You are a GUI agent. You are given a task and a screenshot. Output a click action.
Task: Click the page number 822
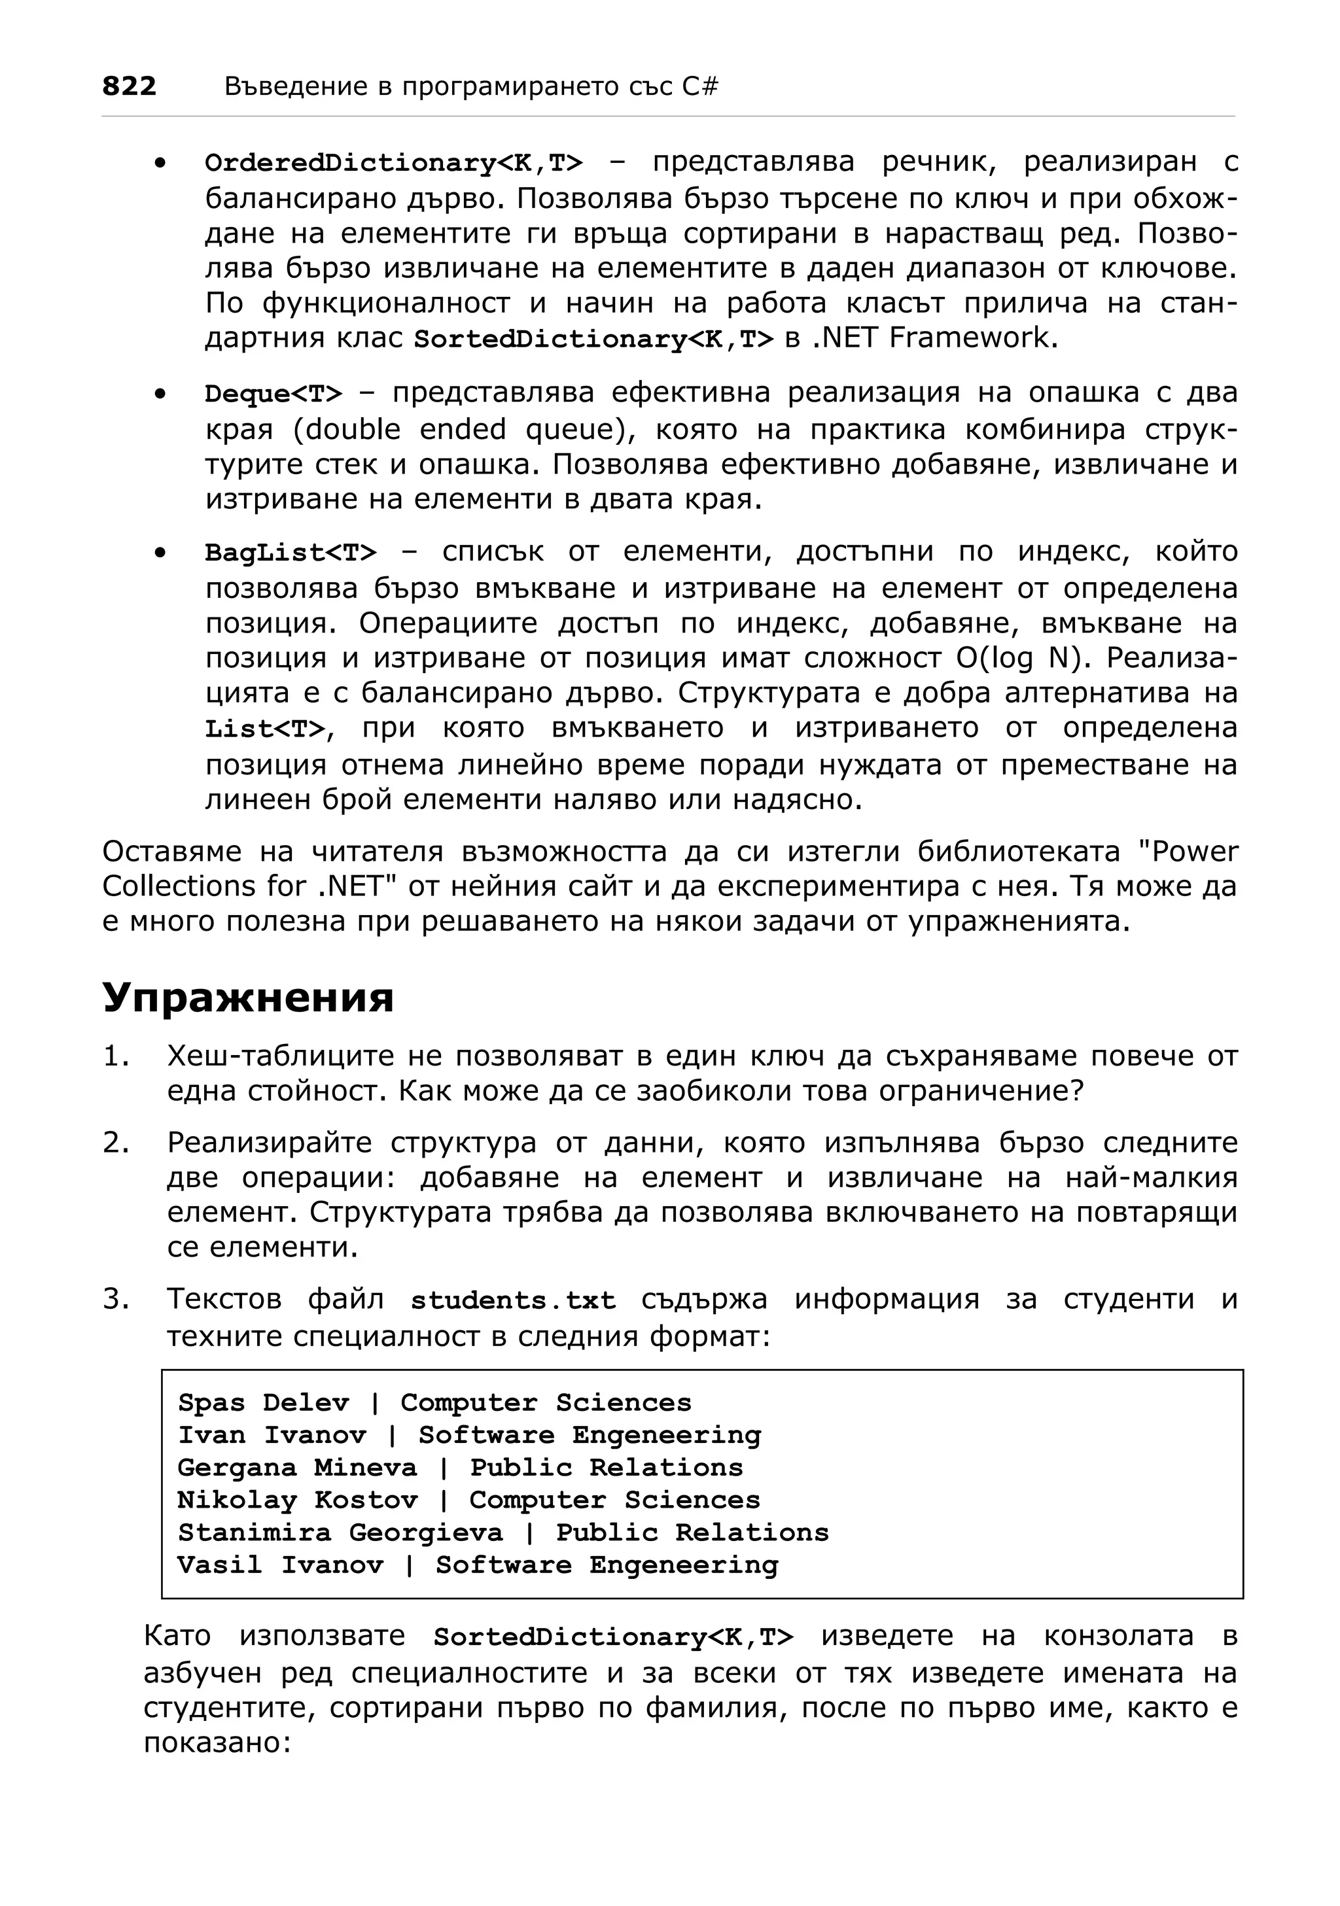tap(129, 86)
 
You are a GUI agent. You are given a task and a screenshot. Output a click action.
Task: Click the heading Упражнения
tap(247, 997)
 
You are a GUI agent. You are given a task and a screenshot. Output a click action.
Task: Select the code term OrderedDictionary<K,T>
tap(393, 164)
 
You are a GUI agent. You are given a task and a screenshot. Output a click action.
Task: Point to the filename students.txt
tap(513, 1300)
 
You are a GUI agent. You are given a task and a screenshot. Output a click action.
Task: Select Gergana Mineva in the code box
tap(296, 1468)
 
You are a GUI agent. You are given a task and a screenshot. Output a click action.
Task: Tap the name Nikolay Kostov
tap(297, 1500)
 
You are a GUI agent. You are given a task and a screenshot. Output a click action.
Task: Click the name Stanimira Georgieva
tap(340, 1533)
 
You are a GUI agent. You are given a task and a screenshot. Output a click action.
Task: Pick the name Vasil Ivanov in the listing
tap(280, 1565)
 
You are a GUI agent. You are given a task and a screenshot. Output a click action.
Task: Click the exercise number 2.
tap(115, 1143)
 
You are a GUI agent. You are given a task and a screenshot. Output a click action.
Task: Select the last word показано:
tap(217, 1742)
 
